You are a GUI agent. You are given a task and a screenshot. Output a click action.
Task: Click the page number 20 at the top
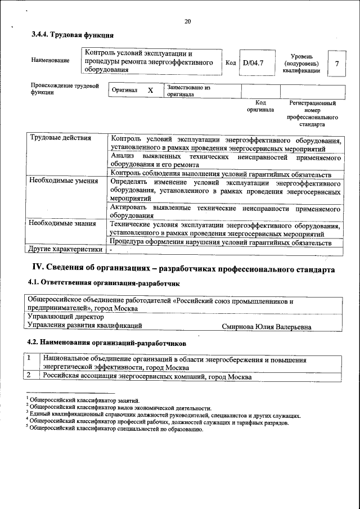click(x=187, y=21)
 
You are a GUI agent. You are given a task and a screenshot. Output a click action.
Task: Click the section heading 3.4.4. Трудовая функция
click(x=68, y=35)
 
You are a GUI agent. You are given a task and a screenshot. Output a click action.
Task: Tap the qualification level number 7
click(x=336, y=64)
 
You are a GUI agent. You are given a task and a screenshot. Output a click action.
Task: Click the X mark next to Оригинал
click(x=150, y=91)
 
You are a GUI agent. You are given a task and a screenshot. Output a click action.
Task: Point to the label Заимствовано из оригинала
click(x=188, y=91)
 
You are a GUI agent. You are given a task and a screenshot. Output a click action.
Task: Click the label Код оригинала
click(x=260, y=106)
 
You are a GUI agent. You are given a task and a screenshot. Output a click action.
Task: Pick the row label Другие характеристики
click(x=65, y=249)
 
